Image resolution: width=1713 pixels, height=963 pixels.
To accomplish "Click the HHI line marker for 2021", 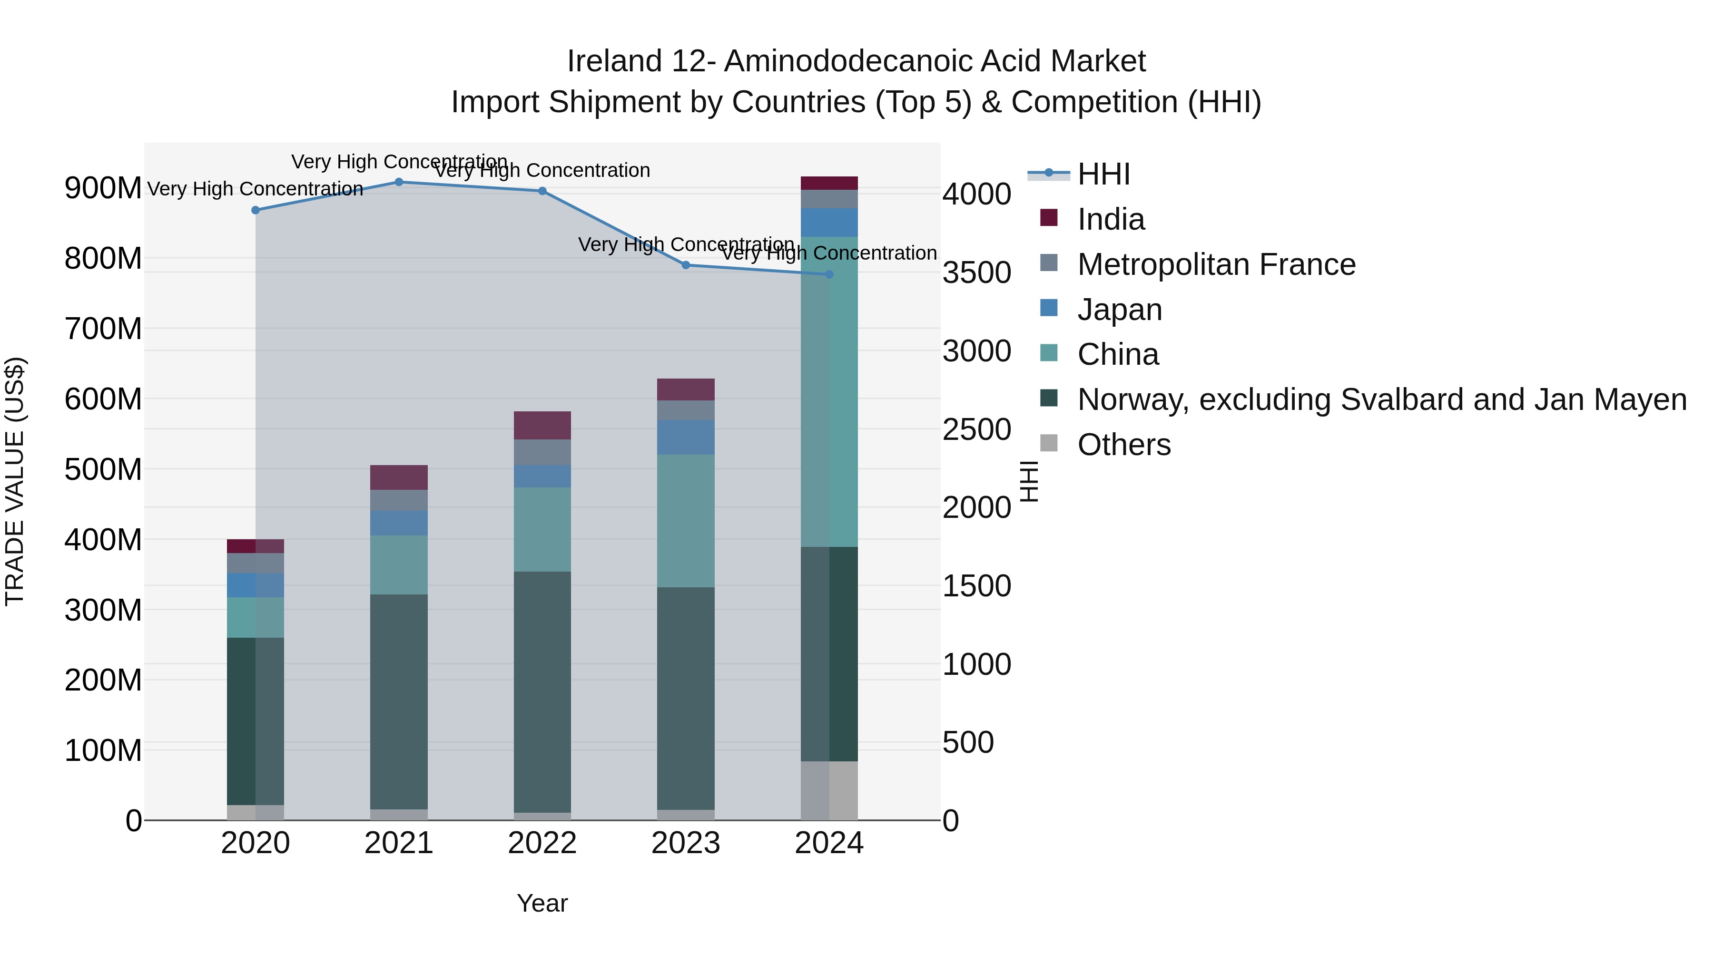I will click(399, 182).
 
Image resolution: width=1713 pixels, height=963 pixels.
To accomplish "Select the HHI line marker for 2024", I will click(829, 274).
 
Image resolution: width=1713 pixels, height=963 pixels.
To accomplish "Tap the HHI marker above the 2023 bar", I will click(686, 265).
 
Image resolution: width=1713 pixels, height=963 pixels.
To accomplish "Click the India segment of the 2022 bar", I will click(542, 425).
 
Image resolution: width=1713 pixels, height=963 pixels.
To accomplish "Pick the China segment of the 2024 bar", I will click(829, 392).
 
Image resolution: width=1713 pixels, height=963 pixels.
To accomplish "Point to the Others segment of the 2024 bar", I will click(829, 790).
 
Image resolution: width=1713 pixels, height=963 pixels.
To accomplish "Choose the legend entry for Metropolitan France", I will click(1216, 264).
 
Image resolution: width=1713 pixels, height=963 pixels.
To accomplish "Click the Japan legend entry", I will click(1119, 310).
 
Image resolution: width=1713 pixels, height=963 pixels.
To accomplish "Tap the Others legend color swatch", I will click(1049, 443).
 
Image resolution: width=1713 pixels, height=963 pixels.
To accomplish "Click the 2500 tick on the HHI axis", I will click(976, 429).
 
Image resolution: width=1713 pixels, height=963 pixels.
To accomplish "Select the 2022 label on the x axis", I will click(542, 843).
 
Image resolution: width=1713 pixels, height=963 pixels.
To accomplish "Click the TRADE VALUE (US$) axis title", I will click(15, 481).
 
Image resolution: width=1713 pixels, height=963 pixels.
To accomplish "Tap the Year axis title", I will click(542, 903).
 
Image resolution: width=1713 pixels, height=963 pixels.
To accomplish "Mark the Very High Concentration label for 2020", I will click(256, 189).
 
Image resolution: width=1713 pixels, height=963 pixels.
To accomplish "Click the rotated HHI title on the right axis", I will click(1029, 481).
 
